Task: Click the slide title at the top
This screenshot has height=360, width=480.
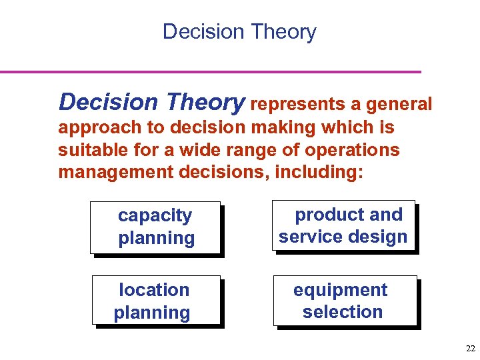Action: [239, 31]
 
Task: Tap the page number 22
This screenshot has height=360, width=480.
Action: [471, 348]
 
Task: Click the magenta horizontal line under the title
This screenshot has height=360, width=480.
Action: [211, 71]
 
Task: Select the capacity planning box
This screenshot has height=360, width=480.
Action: [155, 227]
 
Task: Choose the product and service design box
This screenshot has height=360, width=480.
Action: [343, 226]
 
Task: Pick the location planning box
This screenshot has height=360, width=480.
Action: [155, 301]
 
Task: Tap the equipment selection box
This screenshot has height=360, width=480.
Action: [344, 301]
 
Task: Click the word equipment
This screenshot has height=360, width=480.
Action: [341, 290]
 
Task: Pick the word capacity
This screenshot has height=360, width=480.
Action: [155, 216]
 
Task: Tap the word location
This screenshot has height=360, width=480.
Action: [154, 290]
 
